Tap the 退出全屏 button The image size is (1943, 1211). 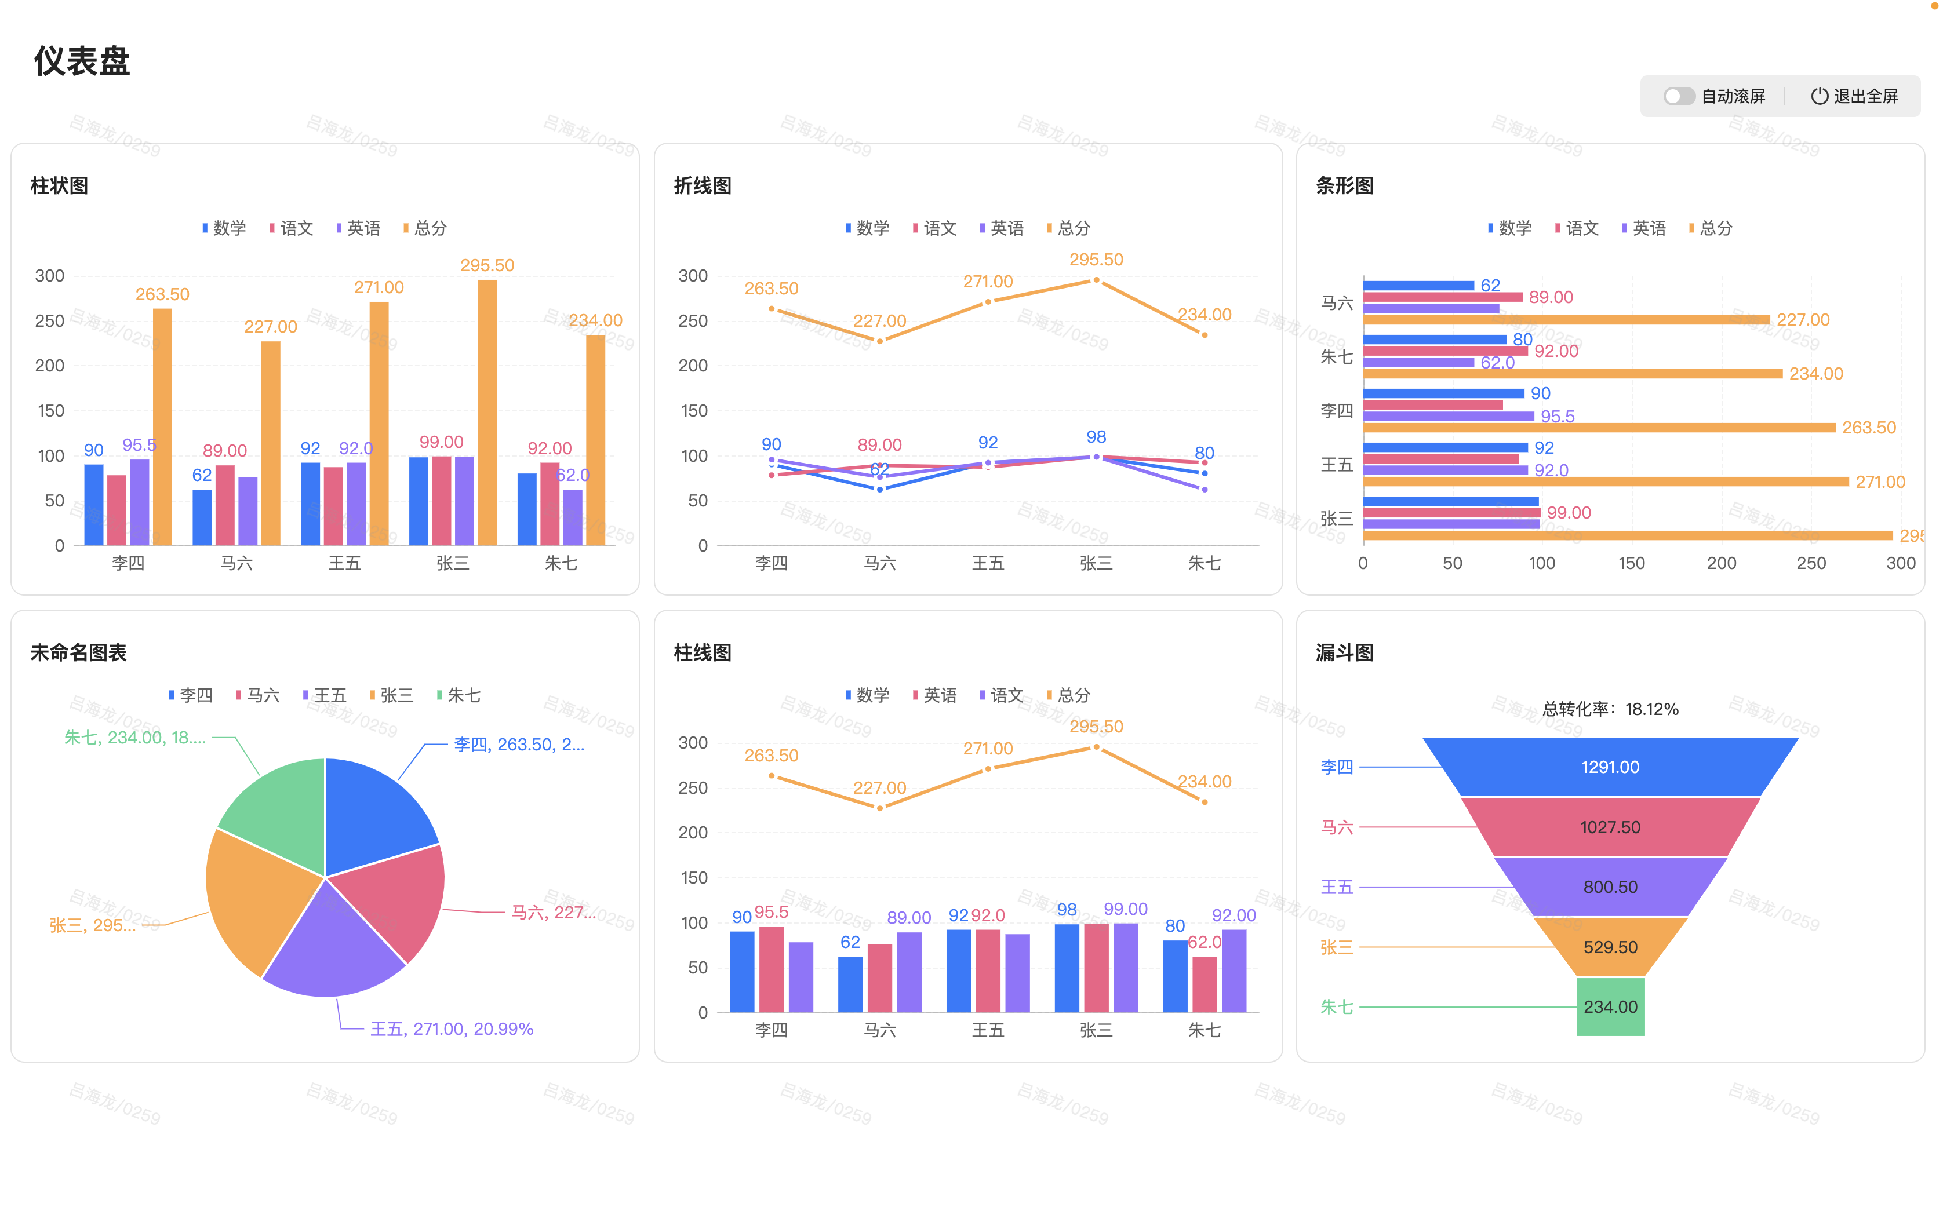click(1854, 96)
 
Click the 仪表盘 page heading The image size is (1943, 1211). click(82, 61)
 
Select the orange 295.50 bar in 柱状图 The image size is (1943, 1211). click(487, 413)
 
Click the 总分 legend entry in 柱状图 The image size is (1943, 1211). click(425, 228)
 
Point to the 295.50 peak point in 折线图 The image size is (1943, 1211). click(1096, 280)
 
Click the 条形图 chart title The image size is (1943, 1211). click(1344, 186)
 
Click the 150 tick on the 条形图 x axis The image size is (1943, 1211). click(1631, 563)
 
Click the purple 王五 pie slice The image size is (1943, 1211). click(333, 945)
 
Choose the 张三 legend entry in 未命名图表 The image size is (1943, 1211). click(392, 695)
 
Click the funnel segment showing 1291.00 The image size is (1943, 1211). click(1610, 767)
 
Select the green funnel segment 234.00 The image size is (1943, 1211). click(1610, 1007)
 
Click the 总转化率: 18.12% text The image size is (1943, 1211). click(1610, 709)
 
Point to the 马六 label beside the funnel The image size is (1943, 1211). click(1337, 827)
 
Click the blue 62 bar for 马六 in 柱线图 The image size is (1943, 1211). click(850, 983)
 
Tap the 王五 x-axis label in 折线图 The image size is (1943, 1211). click(988, 563)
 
